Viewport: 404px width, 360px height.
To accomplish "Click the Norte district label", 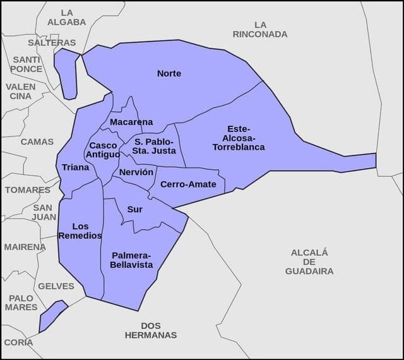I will point(169,73).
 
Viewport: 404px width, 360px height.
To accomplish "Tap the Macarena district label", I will point(131,121).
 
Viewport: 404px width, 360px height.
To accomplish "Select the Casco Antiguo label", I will point(102,150).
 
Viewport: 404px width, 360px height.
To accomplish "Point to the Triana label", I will point(76,167).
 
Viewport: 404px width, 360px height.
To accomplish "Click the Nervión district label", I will point(136,172).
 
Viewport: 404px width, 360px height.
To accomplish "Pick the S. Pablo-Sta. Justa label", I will point(155,146).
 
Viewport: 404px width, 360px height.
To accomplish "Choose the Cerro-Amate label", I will point(188,184).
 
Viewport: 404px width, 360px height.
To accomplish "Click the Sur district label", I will point(135,209).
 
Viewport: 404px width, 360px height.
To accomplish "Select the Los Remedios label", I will point(80,231).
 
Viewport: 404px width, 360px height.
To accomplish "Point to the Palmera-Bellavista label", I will point(131,260).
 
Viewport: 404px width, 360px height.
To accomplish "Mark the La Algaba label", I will point(67,17).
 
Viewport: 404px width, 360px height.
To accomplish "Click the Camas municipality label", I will point(37,141).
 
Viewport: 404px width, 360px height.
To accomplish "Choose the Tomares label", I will point(28,189).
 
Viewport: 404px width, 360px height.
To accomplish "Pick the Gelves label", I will point(56,285).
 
